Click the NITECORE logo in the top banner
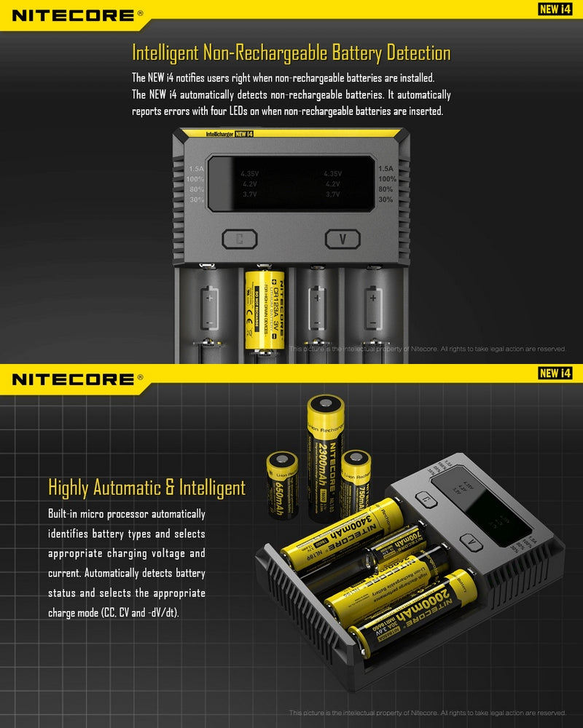coord(73,15)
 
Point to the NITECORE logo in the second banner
coord(73,379)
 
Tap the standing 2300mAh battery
coord(325,459)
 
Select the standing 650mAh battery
coord(283,484)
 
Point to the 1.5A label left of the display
coord(196,168)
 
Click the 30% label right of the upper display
coord(386,199)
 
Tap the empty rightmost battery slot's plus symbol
coord(372,297)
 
